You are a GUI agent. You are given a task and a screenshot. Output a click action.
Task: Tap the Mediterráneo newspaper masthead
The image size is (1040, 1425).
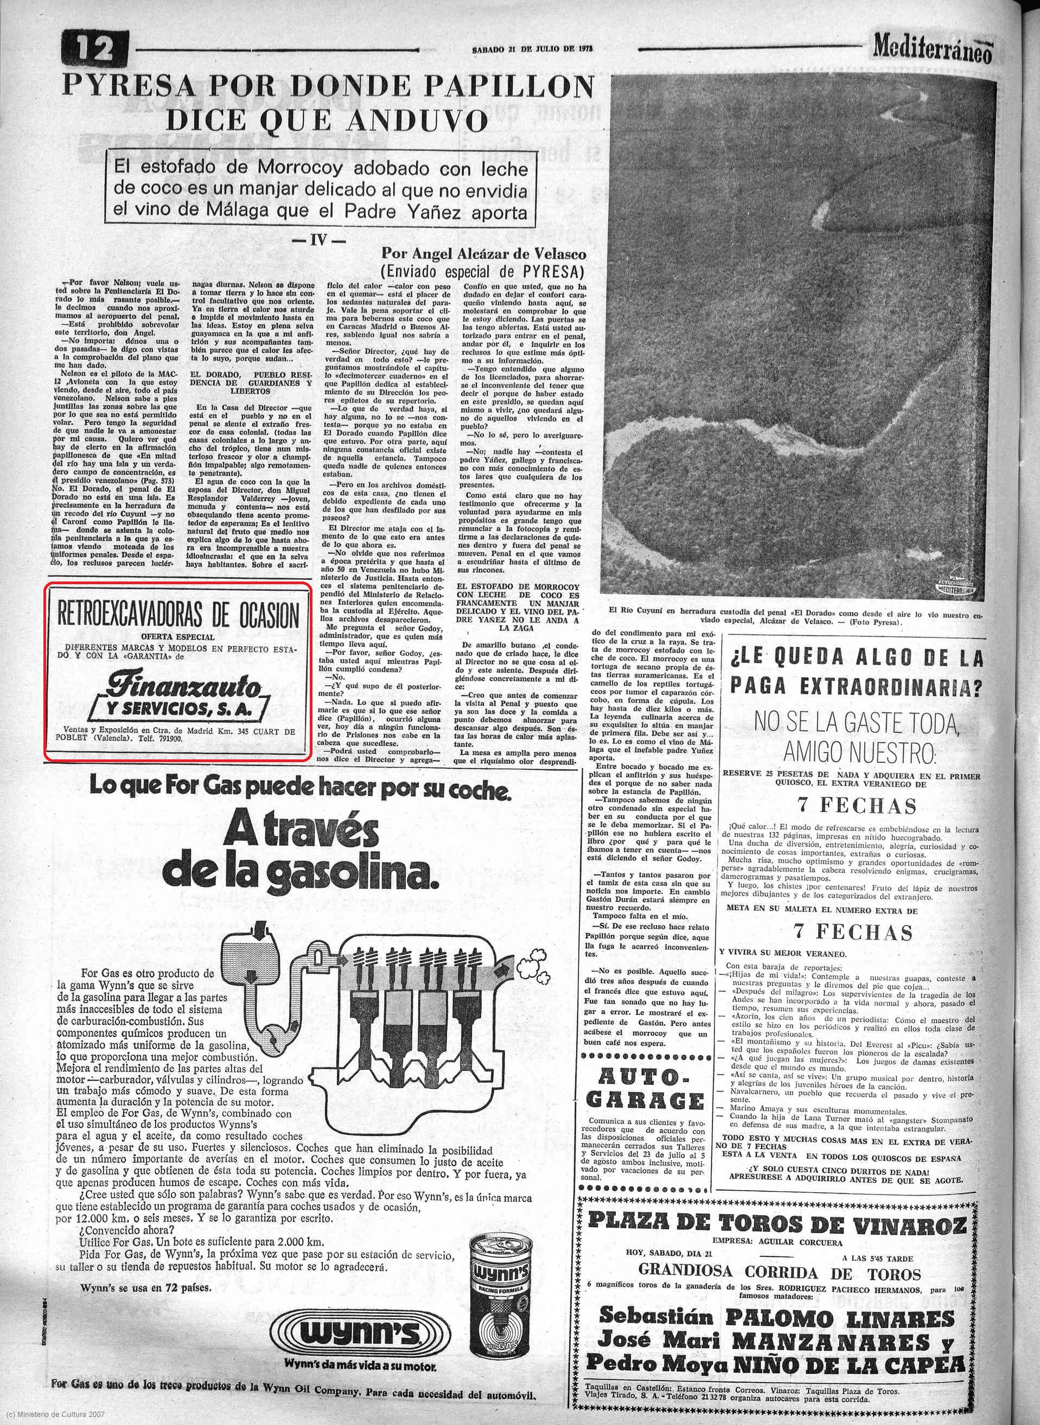933,47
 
